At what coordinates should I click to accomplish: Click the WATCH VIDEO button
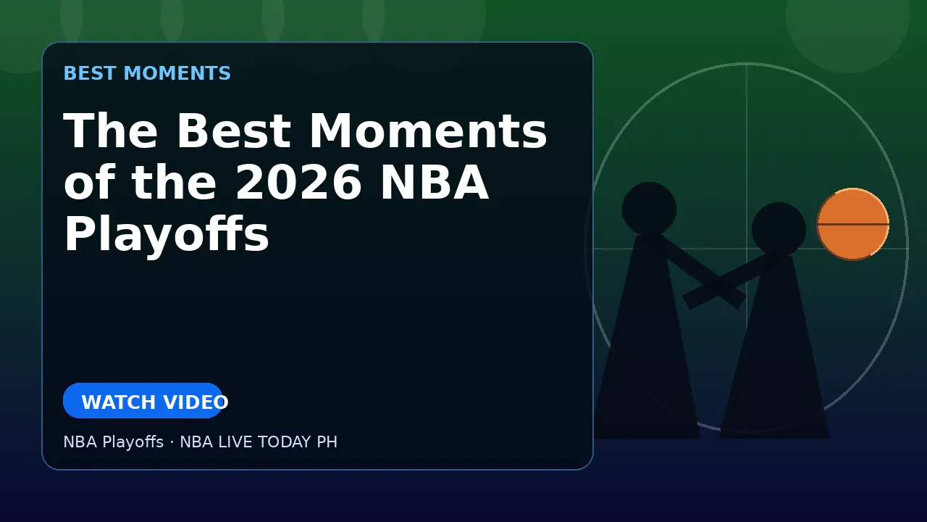143,401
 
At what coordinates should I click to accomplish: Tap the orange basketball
853,224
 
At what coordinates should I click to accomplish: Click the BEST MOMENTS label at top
147,73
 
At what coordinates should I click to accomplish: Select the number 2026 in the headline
298,182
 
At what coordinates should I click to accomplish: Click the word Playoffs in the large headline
167,234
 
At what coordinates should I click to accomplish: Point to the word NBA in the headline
434,182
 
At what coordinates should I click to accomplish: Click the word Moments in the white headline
428,131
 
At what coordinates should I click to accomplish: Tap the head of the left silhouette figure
649,209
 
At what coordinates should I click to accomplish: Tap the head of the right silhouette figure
779,229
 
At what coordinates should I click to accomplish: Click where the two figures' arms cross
716,285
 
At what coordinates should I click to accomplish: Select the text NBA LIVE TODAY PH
259,442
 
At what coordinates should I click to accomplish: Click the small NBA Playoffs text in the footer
114,442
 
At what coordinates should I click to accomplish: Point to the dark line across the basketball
853,224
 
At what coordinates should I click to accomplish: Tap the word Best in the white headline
234,131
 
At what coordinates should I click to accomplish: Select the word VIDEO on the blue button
196,402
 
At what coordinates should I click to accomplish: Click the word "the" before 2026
174,182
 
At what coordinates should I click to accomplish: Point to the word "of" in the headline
89,182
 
